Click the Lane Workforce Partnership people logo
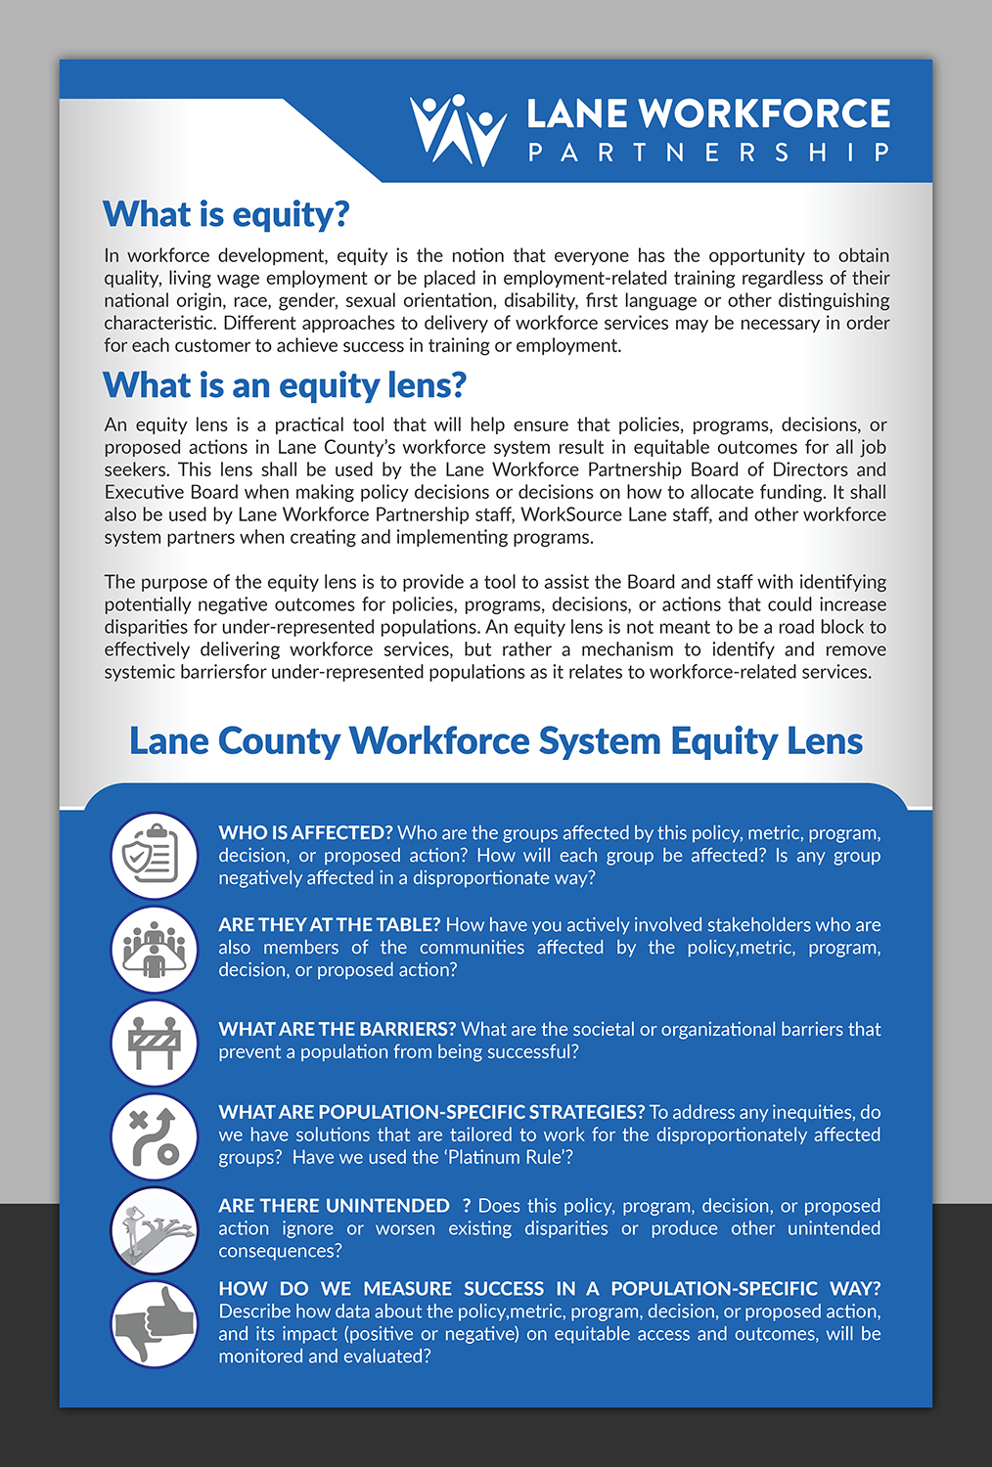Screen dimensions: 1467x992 pyautogui.click(x=458, y=130)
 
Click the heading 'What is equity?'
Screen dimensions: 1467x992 pyautogui.click(x=226, y=214)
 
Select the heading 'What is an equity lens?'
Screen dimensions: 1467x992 pyautogui.click(x=285, y=385)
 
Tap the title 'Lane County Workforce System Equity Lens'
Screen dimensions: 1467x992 pyautogui.click(x=496, y=741)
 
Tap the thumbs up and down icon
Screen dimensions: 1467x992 pyautogui.click(x=155, y=1323)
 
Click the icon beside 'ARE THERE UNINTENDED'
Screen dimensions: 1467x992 pyautogui.click(x=155, y=1229)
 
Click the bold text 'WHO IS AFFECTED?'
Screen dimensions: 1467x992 pyautogui.click(x=305, y=833)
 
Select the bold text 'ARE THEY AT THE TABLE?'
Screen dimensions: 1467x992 pyautogui.click(x=330, y=925)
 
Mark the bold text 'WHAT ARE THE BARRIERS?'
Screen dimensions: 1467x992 pyautogui.click(x=338, y=1030)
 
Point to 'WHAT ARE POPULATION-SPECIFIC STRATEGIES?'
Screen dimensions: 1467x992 pyautogui.click(x=431, y=1113)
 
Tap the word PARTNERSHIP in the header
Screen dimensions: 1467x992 pyautogui.click(x=708, y=153)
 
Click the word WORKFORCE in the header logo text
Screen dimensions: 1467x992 pyautogui.click(x=764, y=114)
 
